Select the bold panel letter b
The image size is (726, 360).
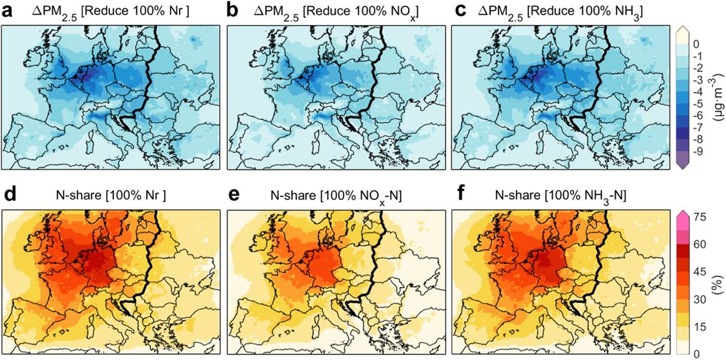(233, 10)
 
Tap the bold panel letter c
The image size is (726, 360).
(457, 10)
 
